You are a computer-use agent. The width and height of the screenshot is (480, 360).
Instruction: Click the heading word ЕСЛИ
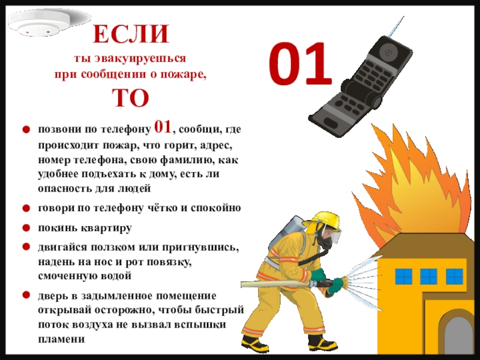coord(131,34)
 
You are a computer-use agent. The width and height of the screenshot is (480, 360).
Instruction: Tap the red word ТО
coord(131,98)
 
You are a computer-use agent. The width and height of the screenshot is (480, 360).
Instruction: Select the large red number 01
coord(301,64)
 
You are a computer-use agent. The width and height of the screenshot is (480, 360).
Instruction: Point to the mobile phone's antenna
coord(397,26)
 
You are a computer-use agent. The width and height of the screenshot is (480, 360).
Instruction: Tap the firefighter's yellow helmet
coord(324,221)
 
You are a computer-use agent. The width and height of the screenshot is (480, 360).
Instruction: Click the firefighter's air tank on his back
coord(286,234)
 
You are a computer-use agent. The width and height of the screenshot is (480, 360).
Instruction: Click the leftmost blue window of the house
coord(403,277)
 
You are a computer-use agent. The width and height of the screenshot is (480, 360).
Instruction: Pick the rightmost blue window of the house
coord(455,277)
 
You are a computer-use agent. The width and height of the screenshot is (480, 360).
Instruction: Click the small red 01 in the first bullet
coord(163,127)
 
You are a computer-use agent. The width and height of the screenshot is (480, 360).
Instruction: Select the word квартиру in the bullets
coord(107,229)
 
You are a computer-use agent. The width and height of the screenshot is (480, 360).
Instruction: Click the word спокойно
coord(216,208)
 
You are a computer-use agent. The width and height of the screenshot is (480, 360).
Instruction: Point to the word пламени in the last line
coord(61,339)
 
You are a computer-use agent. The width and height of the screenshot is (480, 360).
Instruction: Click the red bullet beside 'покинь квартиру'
coord(26,228)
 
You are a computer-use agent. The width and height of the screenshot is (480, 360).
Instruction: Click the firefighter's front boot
coord(322,344)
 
